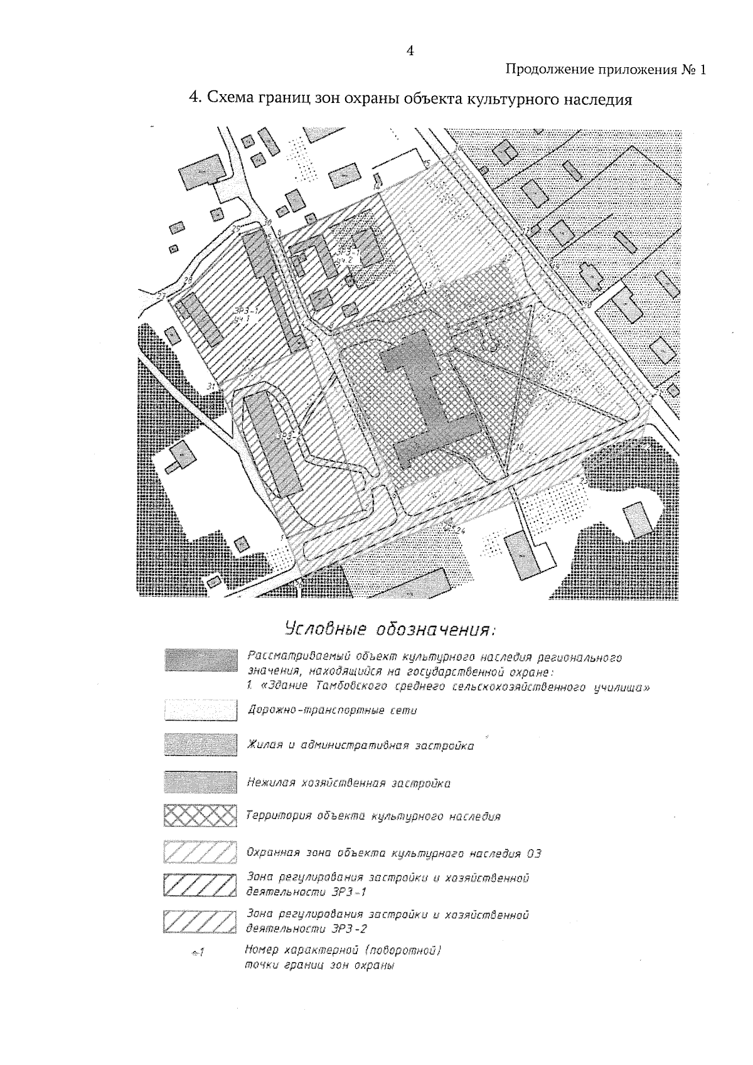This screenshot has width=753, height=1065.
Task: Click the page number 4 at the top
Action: (x=410, y=51)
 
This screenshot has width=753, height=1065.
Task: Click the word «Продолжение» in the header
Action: (x=543, y=70)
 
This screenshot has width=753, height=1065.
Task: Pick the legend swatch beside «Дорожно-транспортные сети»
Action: (x=200, y=710)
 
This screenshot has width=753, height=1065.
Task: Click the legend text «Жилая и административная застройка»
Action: (x=361, y=746)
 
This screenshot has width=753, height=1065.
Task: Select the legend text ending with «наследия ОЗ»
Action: (x=394, y=854)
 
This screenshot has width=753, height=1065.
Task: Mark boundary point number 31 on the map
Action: (x=211, y=386)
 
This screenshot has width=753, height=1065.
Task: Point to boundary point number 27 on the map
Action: (x=161, y=296)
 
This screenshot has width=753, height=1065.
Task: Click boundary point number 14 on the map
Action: (x=376, y=187)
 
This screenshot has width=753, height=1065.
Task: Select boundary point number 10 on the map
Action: (x=520, y=447)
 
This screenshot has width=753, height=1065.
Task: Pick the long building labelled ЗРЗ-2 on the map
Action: (x=274, y=443)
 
